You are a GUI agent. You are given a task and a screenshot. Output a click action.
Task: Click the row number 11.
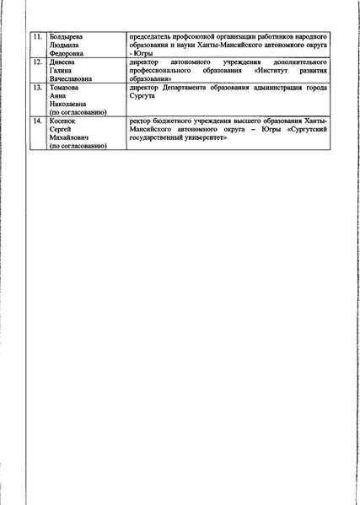coord(35,39)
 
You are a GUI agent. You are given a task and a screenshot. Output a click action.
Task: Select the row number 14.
coord(35,121)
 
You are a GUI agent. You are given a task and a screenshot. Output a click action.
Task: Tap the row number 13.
coord(35,88)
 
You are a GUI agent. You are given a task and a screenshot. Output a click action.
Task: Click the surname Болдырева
coord(67,39)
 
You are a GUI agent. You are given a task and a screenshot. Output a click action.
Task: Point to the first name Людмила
coord(65,47)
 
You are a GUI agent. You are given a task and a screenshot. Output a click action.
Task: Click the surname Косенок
coord(64,121)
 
